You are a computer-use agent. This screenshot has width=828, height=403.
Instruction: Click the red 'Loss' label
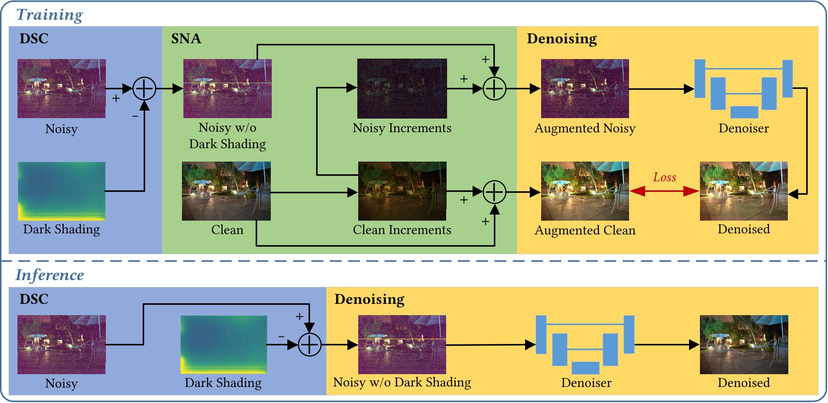coord(664,177)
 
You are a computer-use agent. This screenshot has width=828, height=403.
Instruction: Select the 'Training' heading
coord(50,15)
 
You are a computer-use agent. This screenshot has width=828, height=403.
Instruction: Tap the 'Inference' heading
coord(50,275)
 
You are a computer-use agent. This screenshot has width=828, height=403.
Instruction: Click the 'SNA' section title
coord(186,39)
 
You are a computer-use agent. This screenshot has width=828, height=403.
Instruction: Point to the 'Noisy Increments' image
coord(402,88)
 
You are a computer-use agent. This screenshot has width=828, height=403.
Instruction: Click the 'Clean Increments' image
coord(402,191)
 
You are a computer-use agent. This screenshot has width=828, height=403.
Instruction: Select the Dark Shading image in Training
coord(61,191)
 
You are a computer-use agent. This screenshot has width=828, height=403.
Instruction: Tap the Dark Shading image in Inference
coord(224,344)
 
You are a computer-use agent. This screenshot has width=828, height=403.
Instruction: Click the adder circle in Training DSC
coord(144,88)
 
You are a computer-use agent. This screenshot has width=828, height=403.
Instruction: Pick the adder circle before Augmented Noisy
coord(494,88)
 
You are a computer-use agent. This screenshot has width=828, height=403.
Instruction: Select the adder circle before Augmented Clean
coord(494,192)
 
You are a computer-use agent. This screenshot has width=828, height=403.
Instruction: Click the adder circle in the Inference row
coord(310,344)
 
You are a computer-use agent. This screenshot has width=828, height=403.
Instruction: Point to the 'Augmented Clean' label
coord(585,230)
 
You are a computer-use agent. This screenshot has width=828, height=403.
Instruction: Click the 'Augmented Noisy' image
coord(585,88)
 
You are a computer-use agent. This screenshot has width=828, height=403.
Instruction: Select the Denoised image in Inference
coord(743,344)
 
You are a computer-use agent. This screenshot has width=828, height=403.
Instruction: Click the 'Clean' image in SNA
coord(226,191)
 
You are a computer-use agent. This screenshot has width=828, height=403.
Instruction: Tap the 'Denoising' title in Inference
coord(369,299)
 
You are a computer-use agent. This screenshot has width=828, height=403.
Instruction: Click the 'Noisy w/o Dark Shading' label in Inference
coord(402,382)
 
